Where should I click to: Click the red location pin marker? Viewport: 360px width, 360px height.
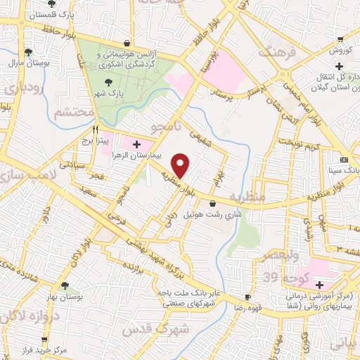(181, 165)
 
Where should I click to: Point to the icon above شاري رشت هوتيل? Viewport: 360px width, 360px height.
(212, 204)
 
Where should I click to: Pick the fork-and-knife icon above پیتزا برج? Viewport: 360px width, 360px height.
(95, 129)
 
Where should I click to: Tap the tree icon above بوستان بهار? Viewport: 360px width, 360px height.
(65, 286)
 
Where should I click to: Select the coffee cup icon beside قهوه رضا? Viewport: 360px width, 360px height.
(247, 297)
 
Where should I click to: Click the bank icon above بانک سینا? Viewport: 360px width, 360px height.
(344, 160)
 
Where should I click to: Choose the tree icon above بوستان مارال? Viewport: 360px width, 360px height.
(28, 51)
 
